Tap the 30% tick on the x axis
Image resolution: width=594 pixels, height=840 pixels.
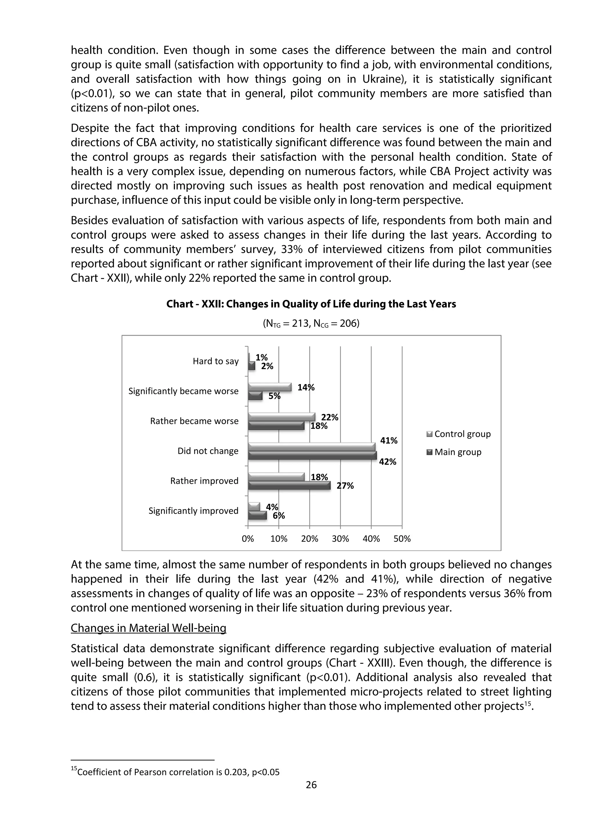tap(341, 539)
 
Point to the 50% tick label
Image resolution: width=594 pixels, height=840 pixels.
tap(402, 539)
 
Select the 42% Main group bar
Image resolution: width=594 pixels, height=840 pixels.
tap(312, 455)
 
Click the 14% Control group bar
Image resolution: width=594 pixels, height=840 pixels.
tap(269, 387)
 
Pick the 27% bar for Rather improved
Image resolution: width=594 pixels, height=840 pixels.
tap(289, 486)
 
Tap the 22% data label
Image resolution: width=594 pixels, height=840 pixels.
tap(329, 417)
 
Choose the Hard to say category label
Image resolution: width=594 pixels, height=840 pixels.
tap(215, 361)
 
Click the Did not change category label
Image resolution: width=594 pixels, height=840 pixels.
tap(208, 451)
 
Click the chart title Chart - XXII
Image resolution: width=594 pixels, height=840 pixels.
tap(311, 304)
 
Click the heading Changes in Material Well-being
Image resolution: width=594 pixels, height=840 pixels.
tap(148, 628)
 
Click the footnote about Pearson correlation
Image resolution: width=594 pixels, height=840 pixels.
tap(176, 772)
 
